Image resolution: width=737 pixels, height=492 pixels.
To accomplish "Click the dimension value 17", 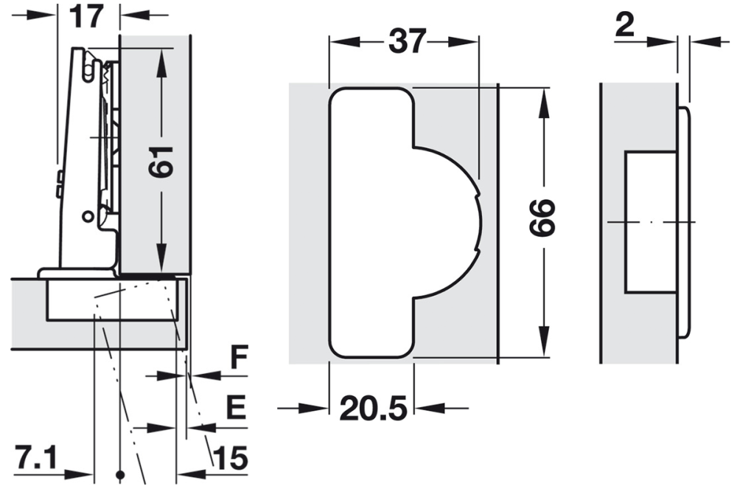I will tap(87, 15).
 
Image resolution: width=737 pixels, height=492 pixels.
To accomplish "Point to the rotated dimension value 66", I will tap(543, 217).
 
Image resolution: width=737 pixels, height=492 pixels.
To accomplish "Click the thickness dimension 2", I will tap(624, 27).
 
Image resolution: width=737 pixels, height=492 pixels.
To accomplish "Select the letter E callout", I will tap(236, 408).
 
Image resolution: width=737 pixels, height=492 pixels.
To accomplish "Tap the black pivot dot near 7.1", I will tap(119, 473).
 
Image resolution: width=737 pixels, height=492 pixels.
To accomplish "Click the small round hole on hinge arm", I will tap(88, 216).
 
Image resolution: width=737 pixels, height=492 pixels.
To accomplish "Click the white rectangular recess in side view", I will tap(650, 221).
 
